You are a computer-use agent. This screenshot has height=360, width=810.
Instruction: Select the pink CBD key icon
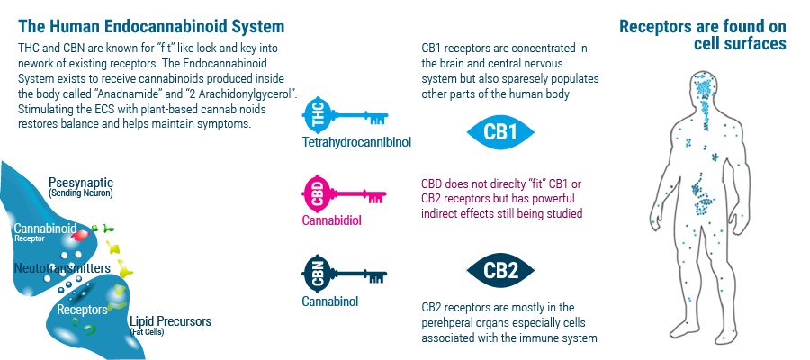coord(344,194)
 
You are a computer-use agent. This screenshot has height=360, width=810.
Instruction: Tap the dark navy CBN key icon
coord(344,274)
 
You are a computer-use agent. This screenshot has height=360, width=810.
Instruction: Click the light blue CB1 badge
coord(500,132)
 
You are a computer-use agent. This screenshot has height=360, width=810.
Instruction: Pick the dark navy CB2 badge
coord(500,271)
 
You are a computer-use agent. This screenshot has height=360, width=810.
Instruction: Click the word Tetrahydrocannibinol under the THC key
coord(356,141)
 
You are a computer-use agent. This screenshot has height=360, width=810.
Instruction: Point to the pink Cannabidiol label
coord(331,220)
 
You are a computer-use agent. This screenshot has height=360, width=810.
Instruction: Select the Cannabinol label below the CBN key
coord(330,301)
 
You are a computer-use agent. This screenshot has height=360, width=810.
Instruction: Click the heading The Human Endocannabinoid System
coord(151,26)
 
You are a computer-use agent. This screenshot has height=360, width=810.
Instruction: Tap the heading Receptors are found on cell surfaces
coord(703,34)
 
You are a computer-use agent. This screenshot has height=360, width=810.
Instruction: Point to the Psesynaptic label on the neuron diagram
coord(81,183)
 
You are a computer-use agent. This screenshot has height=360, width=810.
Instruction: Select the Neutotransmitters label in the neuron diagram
coord(62,268)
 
